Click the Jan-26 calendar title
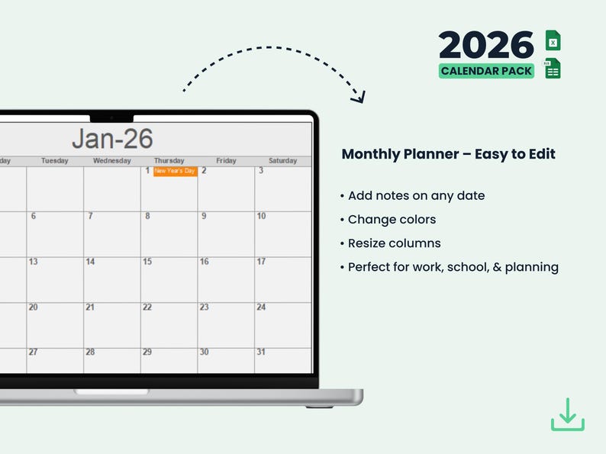(112, 139)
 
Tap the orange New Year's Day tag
(175, 171)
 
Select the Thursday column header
(169, 161)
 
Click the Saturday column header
(282, 161)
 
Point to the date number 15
(147, 262)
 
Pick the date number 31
(261, 352)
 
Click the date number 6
(33, 216)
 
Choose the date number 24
(261, 307)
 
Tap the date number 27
(33, 352)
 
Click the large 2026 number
(486, 46)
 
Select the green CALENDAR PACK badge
(486, 71)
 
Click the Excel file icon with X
(553, 41)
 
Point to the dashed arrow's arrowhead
(359, 97)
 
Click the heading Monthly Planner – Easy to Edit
(448, 154)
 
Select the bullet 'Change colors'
(392, 220)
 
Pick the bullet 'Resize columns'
(394, 243)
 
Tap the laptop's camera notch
(111, 118)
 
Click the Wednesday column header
(112, 161)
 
